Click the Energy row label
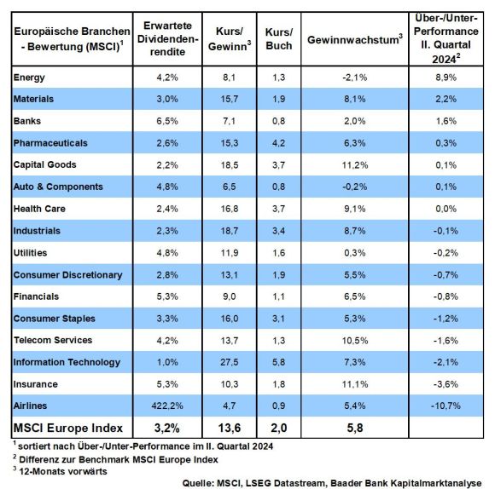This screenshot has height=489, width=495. point(29,78)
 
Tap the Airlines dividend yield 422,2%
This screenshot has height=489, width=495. point(167,406)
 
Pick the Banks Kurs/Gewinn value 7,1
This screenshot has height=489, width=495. point(230,121)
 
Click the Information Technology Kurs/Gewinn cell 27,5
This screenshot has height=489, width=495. point(230,362)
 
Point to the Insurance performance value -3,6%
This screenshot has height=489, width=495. point(445,384)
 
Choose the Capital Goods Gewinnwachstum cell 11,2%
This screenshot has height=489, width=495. point(355,165)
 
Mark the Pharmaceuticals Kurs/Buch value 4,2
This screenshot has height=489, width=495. point(279,143)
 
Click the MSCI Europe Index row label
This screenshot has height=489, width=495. point(68,429)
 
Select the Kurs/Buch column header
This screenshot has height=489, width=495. point(279,39)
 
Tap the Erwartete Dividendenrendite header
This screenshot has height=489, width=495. point(167,38)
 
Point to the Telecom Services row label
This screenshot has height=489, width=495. point(53,340)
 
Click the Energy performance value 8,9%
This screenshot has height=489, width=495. point(445,78)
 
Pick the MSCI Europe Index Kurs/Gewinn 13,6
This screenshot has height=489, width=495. point(230,429)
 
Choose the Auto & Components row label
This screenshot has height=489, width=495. point(58,187)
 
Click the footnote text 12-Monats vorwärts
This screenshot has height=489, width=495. point(63,471)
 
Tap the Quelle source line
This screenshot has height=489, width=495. point(332,483)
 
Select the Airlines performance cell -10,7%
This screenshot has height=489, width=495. point(445,406)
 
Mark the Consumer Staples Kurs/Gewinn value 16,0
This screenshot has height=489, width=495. point(230,319)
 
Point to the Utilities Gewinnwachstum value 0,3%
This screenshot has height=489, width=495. point(355,253)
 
